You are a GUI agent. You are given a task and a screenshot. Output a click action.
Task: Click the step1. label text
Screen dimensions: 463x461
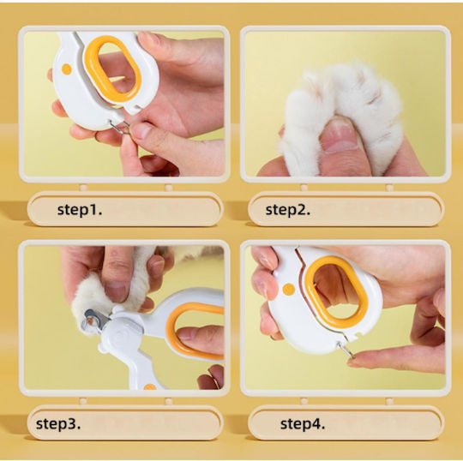pyautogui.click(x=80, y=210)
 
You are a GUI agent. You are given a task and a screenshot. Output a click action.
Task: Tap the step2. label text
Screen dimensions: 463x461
pyautogui.click(x=288, y=210)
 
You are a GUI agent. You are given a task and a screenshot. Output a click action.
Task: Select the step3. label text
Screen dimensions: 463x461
pyautogui.click(x=58, y=424)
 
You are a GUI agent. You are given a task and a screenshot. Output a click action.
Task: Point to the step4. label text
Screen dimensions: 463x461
pyautogui.click(x=303, y=424)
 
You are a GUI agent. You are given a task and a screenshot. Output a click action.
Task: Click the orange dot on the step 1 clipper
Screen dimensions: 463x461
pyautogui.click(x=67, y=69)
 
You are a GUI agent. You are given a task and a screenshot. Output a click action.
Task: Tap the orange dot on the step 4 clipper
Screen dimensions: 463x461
pyautogui.click(x=288, y=290)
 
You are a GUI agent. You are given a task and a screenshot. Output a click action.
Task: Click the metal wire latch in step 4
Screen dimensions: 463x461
pyautogui.click(x=346, y=350)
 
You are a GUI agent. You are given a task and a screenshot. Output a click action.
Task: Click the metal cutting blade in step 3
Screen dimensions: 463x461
pyautogui.click(x=95, y=320)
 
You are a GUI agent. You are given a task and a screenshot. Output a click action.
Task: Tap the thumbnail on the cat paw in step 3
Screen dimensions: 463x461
pyautogui.click(x=115, y=291)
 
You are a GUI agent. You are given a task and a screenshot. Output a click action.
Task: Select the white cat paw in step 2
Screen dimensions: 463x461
pyautogui.click(x=341, y=118)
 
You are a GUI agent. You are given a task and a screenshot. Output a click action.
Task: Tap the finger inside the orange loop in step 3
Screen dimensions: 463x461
pyautogui.click(x=201, y=339)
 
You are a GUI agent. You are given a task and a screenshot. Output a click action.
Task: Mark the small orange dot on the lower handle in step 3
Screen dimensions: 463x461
pyautogui.click(x=150, y=386)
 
